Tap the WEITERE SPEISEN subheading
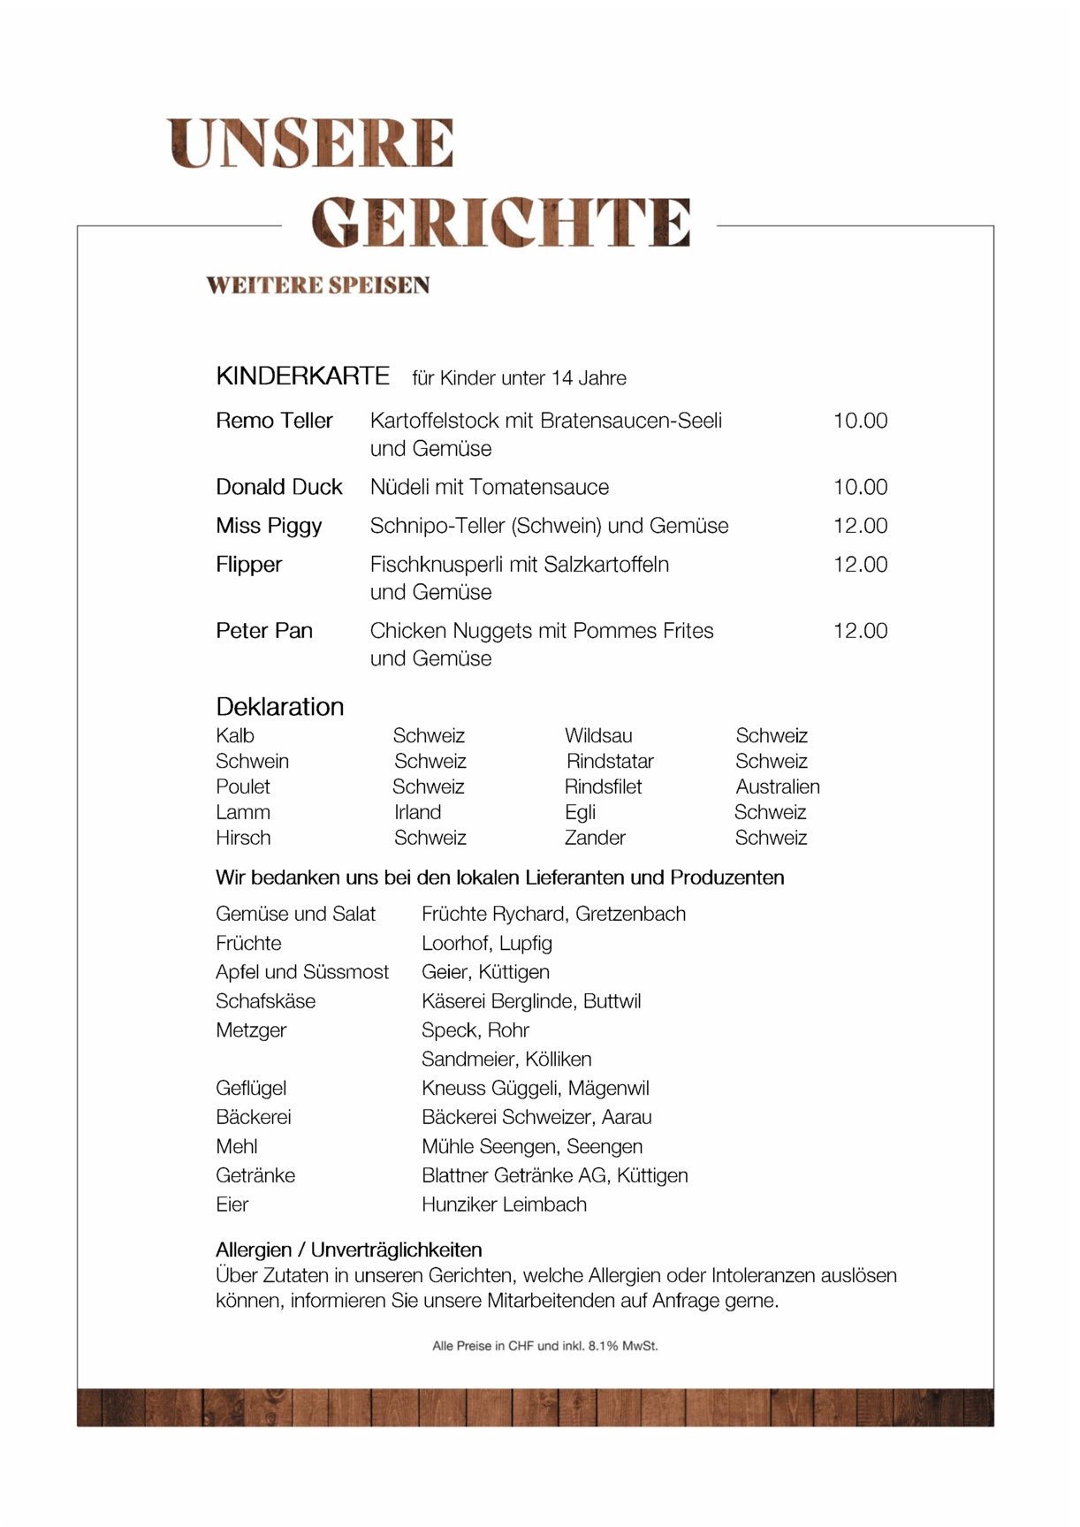(318, 285)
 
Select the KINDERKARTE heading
(302, 376)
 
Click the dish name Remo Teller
(274, 421)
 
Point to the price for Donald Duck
(860, 487)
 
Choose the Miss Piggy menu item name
(269, 526)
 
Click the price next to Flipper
(860, 565)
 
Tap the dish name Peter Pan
(264, 631)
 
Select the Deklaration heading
(279, 707)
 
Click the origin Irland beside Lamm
(417, 812)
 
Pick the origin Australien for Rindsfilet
(778, 786)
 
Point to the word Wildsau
(598, 736)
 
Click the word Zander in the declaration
(595, 838)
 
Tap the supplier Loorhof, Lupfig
(486, 944)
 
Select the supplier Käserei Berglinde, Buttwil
(531, 1001)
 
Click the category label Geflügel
(251, 1089)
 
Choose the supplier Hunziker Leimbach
(504, 1204)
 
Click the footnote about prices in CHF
(544, 1346)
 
